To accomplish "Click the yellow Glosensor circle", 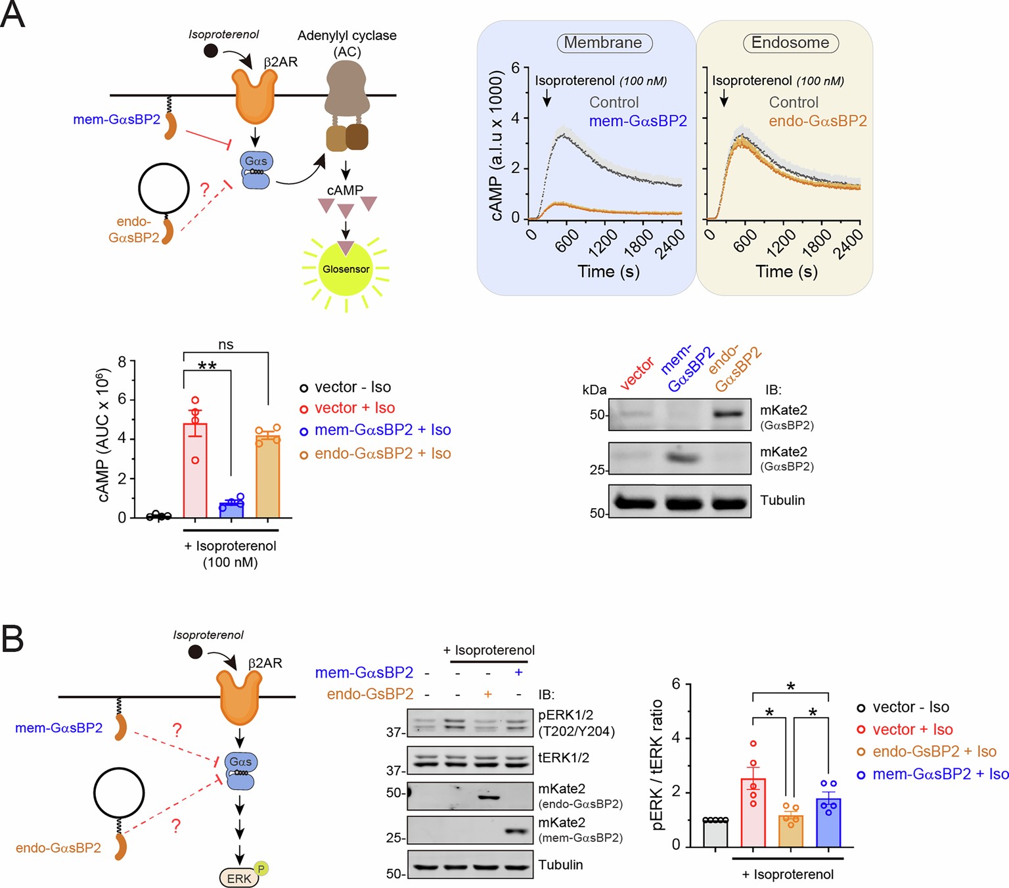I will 346,269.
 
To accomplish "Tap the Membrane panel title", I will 603,43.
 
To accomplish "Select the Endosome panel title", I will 790,43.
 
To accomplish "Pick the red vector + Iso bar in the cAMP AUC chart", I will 195,471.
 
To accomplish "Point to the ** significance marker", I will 207,365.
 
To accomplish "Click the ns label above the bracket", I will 225,345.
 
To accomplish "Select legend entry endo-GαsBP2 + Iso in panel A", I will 382,454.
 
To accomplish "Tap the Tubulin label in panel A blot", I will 782,500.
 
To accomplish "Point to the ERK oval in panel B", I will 239,878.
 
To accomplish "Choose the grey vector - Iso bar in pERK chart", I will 715,833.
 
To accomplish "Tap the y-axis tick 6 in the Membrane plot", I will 516,68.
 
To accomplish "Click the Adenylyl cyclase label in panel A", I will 347,35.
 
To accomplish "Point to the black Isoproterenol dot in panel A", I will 211,51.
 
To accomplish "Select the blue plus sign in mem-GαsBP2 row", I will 518,672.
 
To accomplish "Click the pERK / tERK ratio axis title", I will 658,765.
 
